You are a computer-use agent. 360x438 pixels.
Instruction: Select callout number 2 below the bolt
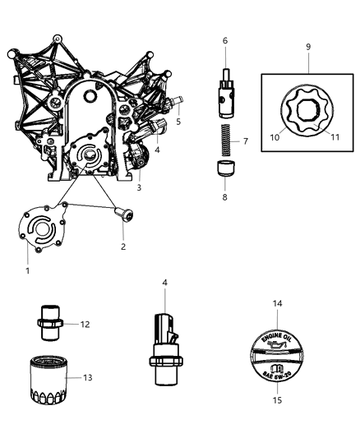point(122,245)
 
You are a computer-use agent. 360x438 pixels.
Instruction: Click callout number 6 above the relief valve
point(224,39)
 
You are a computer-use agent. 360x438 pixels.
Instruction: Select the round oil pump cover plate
point(44,228)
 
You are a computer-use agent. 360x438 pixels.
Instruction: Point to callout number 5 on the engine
point(178,122)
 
